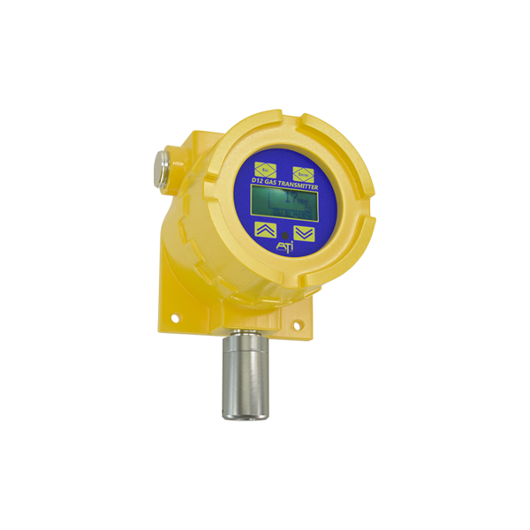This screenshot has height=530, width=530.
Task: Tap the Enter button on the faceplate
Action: [x=303, y=170]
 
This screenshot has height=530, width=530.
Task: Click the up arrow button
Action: [x=264, y=231]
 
